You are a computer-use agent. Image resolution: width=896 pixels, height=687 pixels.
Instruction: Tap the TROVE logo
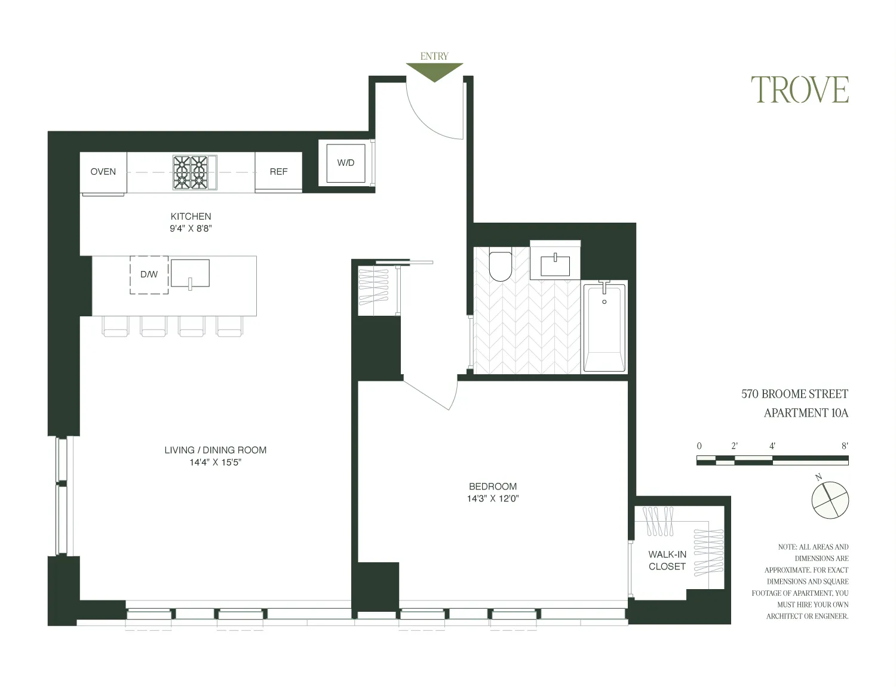tap(799, 90)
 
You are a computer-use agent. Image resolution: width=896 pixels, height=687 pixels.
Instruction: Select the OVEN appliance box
tap(103, 172)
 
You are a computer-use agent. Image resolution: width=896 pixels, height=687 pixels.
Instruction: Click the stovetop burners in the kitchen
tap(191, 172)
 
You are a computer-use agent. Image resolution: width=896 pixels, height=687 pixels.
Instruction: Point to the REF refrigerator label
tap(278, 172)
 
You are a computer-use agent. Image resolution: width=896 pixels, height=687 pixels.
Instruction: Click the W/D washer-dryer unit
tap(346, 163)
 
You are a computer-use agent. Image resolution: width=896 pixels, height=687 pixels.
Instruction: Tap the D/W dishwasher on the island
tap(149, 275)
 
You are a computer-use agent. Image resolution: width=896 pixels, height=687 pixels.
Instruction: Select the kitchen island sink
tap(190, 274)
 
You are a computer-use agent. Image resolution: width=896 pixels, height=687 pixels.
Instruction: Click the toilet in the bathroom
tap(501, 266)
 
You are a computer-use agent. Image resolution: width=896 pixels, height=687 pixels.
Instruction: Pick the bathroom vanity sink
tap(555, 263)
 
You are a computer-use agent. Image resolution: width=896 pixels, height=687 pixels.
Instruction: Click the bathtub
tap(604, 328)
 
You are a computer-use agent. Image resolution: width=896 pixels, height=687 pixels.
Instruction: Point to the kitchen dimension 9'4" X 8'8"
tap(191, 229)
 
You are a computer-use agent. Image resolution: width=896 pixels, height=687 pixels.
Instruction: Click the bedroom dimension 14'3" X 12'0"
tap(493, 499)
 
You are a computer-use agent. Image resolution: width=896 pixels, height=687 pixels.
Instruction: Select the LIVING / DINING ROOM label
tap(215, 450)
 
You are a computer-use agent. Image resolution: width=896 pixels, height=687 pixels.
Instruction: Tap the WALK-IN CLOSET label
tap(667, 560)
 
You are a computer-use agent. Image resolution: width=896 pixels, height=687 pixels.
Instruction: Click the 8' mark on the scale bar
tap(845, 446)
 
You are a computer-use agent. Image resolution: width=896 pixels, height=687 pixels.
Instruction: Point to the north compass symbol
tap(830, 499)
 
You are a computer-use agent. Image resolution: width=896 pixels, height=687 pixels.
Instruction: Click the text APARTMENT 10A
tap(806, 413)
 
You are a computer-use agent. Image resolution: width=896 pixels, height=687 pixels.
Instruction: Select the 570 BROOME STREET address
tap(794, 394)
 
